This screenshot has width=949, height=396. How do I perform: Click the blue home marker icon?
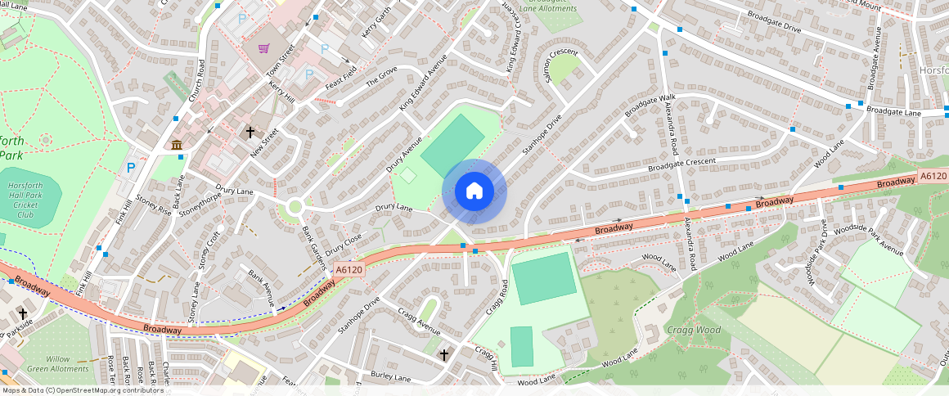click(475, 191)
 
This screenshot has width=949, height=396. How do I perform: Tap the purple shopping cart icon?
click(263, 48)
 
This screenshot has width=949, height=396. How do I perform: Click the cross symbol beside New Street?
click(250, 132)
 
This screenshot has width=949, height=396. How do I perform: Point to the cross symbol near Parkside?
click(23, 313)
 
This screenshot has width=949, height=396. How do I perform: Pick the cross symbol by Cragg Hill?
click(444, 355)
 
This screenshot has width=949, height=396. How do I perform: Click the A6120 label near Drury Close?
click(349, 268)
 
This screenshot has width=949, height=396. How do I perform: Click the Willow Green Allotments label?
click(69, 363)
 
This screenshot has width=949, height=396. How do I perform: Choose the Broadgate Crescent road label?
click(681, 164)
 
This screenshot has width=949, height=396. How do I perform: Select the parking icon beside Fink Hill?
click(130, 169)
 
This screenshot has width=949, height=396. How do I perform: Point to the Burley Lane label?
click(389, 377)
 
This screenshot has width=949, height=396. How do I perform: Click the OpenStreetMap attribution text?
click(82, 390)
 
